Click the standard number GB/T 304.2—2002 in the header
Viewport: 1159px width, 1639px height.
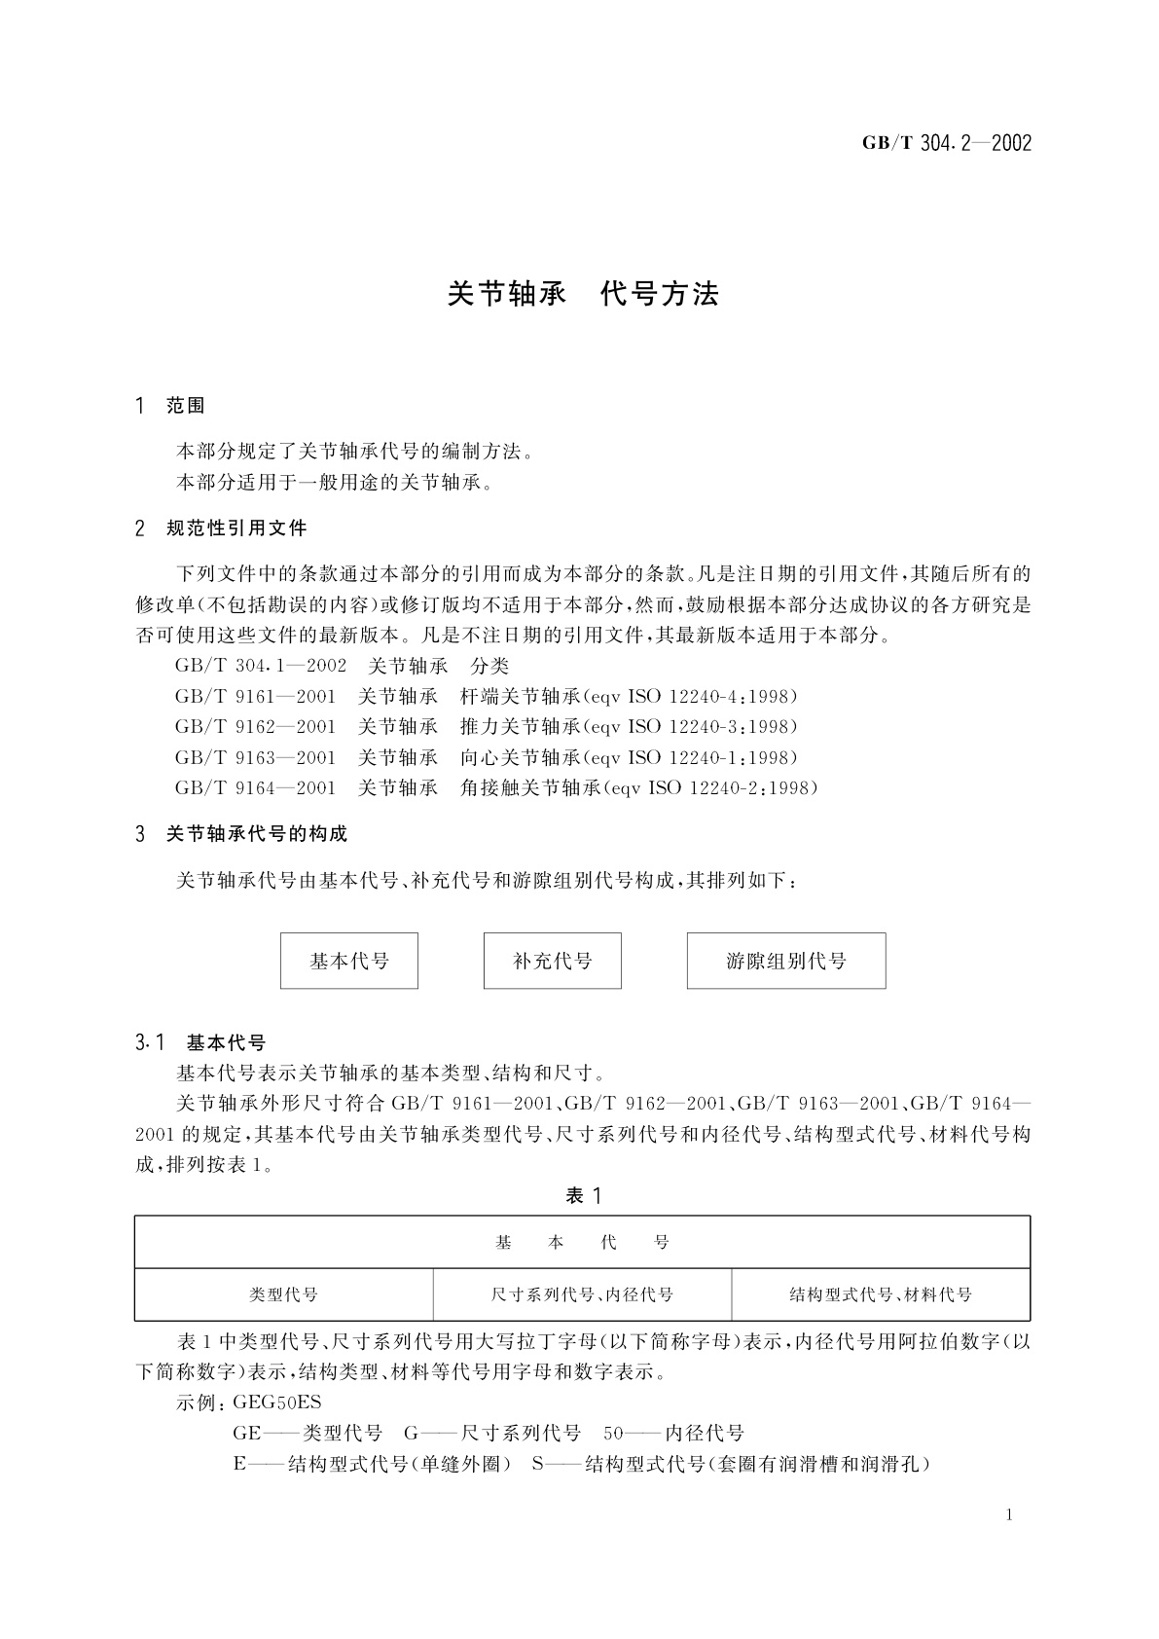pyautogui.click(x=946, y=144)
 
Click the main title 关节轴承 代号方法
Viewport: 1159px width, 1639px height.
pyautogui.click(x=582, y=294)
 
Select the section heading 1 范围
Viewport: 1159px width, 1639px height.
pyautogui.click(x=171, y=406)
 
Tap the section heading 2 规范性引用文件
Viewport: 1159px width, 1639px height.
pyautogui.click(x=222, y=528)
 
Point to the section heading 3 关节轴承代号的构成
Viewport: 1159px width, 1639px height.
pyautogui.click(x=242, y=834)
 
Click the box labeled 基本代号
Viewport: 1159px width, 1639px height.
pyautogui.click(x=349, y=961)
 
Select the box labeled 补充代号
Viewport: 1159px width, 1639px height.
pyautogui.click(x=552, y=961)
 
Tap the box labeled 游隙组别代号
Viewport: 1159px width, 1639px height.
pyautogui.click(x=786, y=961)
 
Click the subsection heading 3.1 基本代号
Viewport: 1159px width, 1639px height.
pyautogui.click(x=201, y=1043)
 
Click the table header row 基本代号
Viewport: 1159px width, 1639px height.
pyautogui.click(x=582, y=1243)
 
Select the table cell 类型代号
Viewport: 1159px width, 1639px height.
pyautogui.click(x=283, y=1294)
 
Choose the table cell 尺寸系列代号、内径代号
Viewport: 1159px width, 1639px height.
pyautogui.click(x=582, y=1294)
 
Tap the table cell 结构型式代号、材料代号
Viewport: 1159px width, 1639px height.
pyautogui.click(x=881, y=1294)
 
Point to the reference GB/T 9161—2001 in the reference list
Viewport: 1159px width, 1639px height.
pyautogui.click(x=255, y=697)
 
